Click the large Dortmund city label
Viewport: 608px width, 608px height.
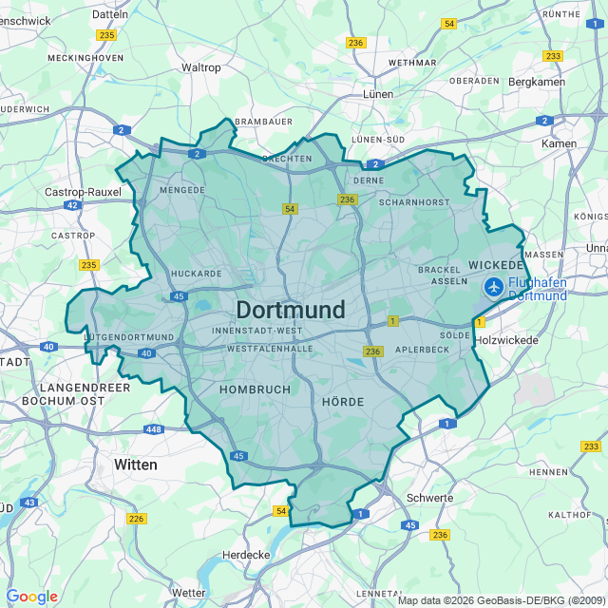[x=290, y=311]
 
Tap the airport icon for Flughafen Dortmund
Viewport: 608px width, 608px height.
[x=494, y=286]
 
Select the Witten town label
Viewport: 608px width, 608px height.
[x=136, y=465]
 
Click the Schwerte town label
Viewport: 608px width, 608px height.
[x=429, y=498]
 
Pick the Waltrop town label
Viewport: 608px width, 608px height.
[x=200, y=67]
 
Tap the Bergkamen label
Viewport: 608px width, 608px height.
[x=537, y=82]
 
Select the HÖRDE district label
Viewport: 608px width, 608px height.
[x=343, y=402]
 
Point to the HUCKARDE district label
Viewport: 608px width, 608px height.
[x=196, y=274]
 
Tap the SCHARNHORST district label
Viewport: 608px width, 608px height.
[x=413, y=202]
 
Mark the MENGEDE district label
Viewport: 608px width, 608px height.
[x=182, y=189]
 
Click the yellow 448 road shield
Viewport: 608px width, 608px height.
[x=154, y=429]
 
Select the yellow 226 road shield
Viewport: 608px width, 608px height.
[x=137, y=518]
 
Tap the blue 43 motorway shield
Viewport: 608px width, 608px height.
[x=30, y=503]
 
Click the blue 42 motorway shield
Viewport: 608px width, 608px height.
[x=72, y=205]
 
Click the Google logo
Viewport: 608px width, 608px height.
[x=31, y=597]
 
